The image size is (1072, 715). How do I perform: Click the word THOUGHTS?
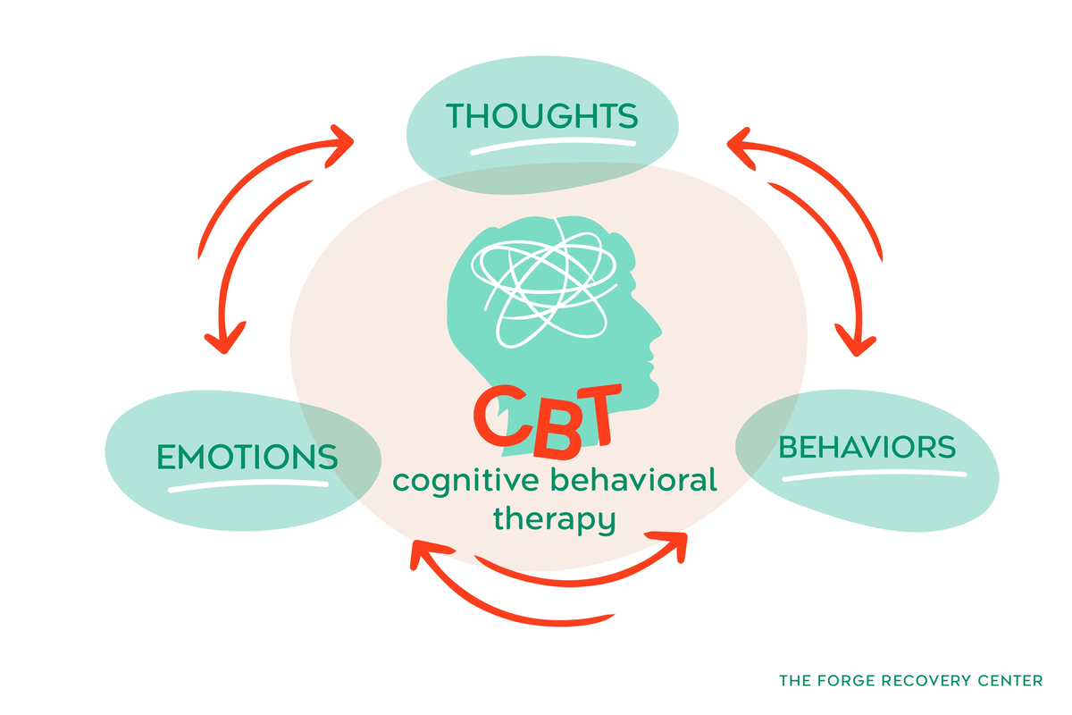click(x=541, y=116)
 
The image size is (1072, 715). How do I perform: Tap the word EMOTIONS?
click(x=247, y=457)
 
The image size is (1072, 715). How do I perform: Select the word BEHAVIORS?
click(x=867, y=447)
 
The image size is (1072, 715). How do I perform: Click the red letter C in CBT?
click(x=501, y=416)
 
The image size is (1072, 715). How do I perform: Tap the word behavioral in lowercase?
click(x=633, y=479)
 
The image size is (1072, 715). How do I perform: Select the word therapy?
click(x=554, y=520)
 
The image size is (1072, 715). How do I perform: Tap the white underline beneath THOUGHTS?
click(x=553, y=146)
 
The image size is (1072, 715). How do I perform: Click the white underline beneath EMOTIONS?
click(x=248, y=486)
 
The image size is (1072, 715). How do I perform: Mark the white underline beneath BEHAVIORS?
click(x=875, y=475)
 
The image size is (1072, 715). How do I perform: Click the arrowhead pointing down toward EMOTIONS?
click(x=225, y=339)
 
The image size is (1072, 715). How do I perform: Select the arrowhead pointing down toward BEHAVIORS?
click(x=856, y=341)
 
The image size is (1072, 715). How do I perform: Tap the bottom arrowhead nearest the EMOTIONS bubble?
click(x=428, y=553)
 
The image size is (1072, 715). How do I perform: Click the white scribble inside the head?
click(x=544, y=282)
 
